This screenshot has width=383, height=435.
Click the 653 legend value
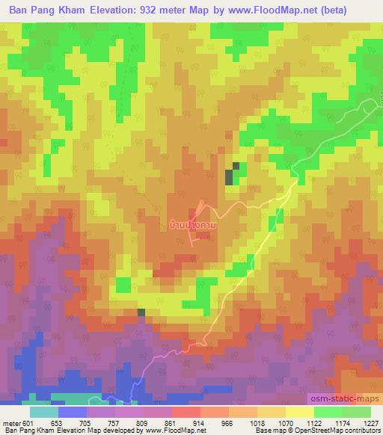[x=60, y=422]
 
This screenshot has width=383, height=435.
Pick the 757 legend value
[x=115, y=422]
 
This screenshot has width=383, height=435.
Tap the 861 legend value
[x=171, y=422]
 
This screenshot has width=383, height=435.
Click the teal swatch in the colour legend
[x=44, y=412]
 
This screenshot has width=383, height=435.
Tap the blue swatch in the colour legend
[x=73, y=412]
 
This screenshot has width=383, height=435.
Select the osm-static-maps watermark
[x=346, y=398]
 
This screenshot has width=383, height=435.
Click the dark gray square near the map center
[x=229, y=176]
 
